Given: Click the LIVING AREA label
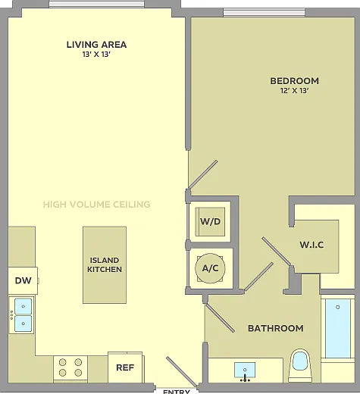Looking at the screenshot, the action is point(96,45).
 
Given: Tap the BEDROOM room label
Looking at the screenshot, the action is point(295,81).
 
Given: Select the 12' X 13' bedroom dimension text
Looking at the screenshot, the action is point(295,91).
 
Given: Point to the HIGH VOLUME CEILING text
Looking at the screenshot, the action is point(96,205).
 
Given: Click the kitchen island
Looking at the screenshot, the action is point(105,265).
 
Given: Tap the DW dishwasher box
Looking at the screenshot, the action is point(23,280).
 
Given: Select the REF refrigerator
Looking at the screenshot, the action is point(125,367).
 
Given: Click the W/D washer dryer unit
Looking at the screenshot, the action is point(210,222).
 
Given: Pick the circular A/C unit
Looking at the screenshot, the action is point(210,268).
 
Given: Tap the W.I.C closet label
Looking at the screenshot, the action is point(311,245).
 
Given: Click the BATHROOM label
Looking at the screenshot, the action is point(276,328).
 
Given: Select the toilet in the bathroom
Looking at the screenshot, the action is point(300,365).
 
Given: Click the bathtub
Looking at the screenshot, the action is point(338,328).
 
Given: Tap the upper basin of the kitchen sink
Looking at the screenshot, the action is point(23,306).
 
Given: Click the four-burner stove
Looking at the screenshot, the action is point(70,367).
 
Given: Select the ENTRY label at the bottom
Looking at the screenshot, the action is point(177,392).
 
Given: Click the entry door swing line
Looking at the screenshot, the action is point(181,371).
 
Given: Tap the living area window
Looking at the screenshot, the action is point(96,4).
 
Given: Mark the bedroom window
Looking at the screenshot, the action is point(264,12).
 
